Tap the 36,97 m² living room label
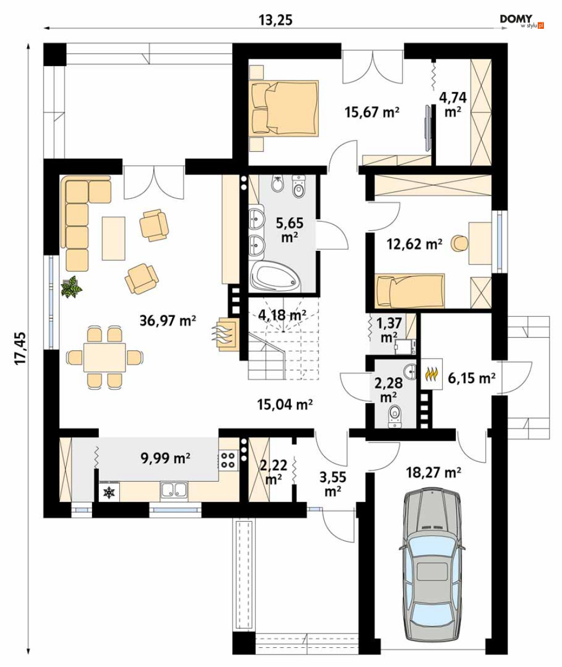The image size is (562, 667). tap(168, 320)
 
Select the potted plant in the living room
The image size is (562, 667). tap(71, 286)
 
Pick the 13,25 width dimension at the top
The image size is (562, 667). tap(276, 20)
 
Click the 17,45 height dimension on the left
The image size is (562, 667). tap(20, 348)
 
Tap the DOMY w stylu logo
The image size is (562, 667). tap(521, 21)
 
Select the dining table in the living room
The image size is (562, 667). tap(104, 358)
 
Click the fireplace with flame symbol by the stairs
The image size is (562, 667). tap(226, 333)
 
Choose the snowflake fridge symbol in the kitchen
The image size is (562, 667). tap(110, 492)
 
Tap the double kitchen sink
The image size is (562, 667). tap(174, 490)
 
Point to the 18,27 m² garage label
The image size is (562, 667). tap(434, 472)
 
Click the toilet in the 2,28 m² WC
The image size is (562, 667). tap(395, 415)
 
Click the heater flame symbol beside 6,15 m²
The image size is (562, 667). tap(432, 374)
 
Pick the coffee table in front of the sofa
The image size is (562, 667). tap(114, 238)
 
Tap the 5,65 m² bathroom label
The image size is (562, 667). tap(289, 230)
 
